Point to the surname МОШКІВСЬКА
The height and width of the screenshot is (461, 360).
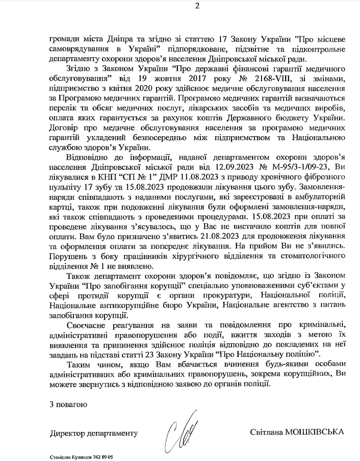pyautogui.click(x=314, y=432)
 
